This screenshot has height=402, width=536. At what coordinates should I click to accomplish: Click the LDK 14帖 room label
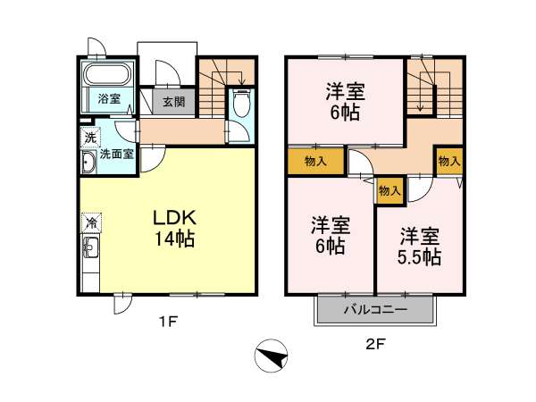pos(175,228)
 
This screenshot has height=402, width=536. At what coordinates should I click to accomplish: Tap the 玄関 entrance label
pos(173,102)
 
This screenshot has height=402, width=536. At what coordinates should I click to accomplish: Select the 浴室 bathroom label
pos(109,99)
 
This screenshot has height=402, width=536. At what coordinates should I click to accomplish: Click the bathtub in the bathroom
pos(109,73)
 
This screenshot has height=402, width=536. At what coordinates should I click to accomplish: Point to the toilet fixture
pos(241,103)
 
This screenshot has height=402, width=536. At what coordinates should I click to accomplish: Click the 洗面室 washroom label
pos(116,155)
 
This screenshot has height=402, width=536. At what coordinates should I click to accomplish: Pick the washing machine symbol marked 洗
pos(90,138)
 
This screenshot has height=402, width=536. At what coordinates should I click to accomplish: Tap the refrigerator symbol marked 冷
pos(92,222)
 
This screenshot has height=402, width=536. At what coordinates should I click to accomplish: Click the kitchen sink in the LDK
pos(90,247)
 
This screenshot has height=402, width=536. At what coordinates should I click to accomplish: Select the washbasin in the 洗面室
pos(88,162)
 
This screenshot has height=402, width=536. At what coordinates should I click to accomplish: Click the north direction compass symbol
pos(271,356)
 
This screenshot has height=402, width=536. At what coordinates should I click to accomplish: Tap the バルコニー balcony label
pos(375,310)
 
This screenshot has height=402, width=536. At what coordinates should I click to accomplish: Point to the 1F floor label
pos(169,322)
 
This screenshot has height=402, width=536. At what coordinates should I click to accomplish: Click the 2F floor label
pos(375,344)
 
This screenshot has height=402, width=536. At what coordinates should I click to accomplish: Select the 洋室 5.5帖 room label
pos(420,247)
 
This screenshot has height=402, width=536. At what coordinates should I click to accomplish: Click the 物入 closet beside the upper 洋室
pos(315,161)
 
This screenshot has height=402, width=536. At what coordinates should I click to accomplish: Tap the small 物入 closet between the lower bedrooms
pos(389,190)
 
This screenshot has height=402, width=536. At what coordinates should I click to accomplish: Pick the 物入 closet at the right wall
pos(449,161)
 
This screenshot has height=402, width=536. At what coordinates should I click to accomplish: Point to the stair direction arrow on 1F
pos(243,78)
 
